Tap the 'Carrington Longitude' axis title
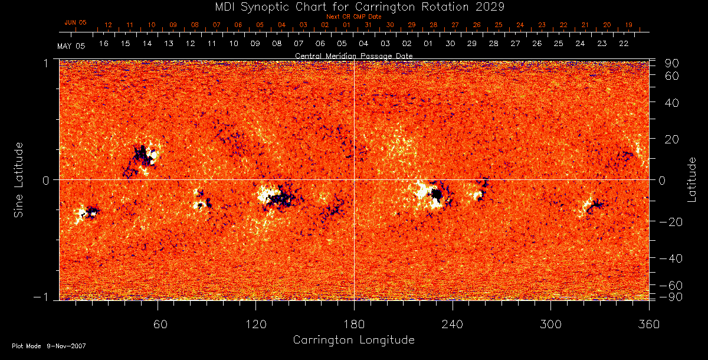(353, 340)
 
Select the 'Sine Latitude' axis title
(19, 179)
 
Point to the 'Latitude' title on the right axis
(691, 179)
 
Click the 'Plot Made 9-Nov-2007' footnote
(49, 346)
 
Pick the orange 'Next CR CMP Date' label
(353, 17)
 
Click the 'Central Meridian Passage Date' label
(353, 55)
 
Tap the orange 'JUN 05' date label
(75, 22)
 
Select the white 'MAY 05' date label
(71, 46)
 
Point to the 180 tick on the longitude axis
(354, 325)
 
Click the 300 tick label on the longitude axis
(550, 325)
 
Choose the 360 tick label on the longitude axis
(649, 325)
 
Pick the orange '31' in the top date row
(368, 25)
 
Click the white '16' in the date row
(104, 44)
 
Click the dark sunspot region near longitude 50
(142, 155)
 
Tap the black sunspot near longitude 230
(437, 194)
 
